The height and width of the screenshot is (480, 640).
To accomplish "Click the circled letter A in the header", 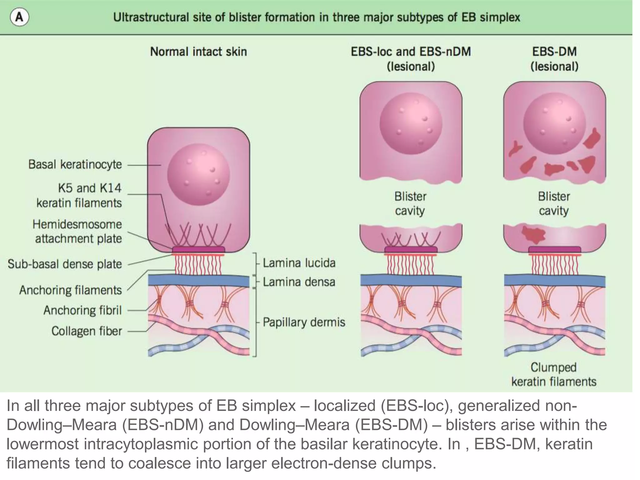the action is coord(19,17).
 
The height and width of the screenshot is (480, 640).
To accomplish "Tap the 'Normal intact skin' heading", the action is coord(198,52).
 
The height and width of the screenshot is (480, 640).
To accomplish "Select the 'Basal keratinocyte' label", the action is coord(75,164).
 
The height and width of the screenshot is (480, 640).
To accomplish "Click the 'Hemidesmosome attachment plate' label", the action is coord(77,232).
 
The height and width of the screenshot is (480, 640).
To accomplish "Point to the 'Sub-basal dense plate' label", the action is coord(65,264).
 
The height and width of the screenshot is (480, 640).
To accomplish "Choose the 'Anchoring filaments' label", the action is coord(70,290).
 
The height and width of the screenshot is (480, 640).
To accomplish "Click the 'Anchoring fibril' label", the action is coord(82,310).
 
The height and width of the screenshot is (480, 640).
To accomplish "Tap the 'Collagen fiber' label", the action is coord(87,331).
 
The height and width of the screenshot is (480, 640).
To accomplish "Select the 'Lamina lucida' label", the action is coord(299,263).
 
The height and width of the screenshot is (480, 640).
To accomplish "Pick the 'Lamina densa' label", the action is coord(299,282).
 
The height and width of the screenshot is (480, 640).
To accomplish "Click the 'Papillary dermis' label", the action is coord(304,322).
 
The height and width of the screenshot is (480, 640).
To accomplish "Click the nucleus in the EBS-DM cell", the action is coord(554,123).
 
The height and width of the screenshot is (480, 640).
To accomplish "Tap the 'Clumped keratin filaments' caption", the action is coord(554,374).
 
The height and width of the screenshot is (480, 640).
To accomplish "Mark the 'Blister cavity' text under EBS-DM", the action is coord(554,203).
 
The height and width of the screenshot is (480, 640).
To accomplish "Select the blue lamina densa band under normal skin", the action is coord(198,281).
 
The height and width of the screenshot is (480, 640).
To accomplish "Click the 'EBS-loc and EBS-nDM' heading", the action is coord(411,52).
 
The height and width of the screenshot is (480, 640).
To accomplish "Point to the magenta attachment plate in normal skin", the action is coord(198,249).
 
